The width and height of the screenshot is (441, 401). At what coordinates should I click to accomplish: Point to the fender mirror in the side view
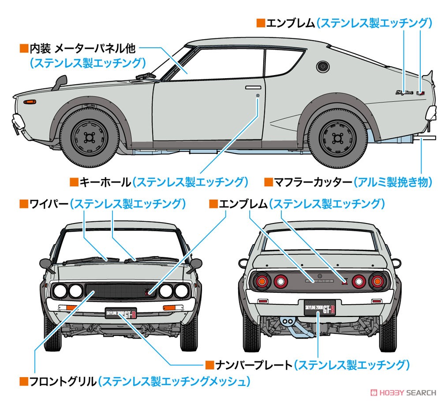pos(60,82)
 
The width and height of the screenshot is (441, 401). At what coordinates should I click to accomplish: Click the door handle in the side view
pos(253,87)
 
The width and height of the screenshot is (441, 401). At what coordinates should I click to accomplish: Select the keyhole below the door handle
pos(258,96)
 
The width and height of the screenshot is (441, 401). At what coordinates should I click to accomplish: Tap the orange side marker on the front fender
pos(30,102)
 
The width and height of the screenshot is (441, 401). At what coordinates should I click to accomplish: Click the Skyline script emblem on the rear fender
pos(404,92)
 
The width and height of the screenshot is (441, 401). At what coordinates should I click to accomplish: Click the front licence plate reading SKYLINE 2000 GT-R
pos(121,313)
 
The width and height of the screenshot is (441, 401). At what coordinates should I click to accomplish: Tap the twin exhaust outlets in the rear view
pos(287,322)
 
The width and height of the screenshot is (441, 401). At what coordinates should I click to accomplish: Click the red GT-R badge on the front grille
pos(148,293)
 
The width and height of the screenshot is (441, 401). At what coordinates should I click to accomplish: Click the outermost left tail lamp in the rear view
pos(262,281)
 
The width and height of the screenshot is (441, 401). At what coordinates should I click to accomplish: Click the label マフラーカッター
pos(313,182)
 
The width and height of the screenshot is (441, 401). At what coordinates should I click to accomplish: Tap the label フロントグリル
pos(63,382)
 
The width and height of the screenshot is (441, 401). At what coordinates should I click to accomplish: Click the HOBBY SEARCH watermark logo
pos(403,392)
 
